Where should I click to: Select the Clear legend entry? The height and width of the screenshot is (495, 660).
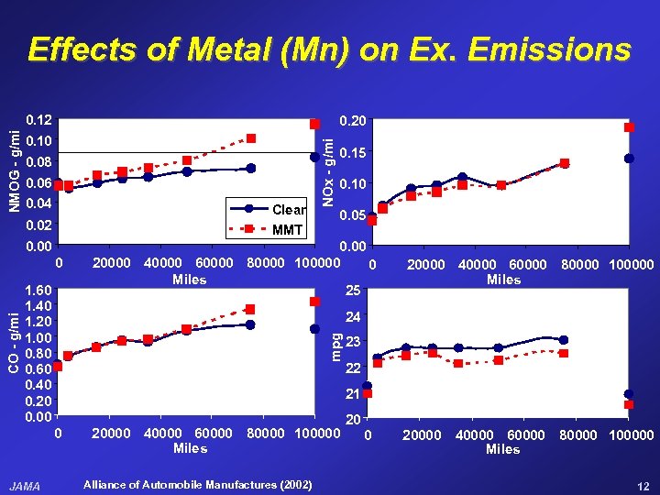click(289, 210)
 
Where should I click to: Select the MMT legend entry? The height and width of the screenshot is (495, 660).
click(287, 229)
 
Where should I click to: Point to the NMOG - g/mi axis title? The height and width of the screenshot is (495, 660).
click(14, 170)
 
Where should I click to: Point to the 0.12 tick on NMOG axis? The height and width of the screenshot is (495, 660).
click(38, 120)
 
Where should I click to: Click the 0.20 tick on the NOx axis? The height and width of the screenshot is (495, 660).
click(352, 120)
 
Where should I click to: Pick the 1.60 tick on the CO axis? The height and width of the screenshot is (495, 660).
click(38, 290)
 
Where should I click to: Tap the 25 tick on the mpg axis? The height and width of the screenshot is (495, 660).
click(354, 291)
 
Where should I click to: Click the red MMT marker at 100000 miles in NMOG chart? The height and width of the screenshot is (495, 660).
click(314, 124)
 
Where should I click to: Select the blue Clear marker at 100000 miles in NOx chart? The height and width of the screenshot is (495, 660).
click(629, 159)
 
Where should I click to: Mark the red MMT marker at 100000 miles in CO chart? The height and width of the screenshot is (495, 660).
click(314, 302)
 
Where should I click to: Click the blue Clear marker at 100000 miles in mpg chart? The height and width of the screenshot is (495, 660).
click(629, 394)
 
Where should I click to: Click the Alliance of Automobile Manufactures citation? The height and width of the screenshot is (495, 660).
click(197, 484)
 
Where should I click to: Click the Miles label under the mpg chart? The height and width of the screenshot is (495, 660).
click(503, 449)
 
